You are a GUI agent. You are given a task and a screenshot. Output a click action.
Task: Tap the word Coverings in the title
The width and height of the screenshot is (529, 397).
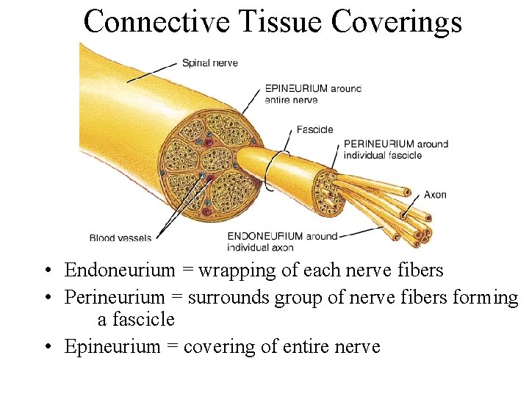[397, 21]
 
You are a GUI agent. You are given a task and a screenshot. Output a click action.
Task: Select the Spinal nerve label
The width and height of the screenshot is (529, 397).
[210, 63]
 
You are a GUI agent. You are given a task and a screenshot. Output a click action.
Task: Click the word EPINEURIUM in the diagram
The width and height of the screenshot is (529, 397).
[296, 89]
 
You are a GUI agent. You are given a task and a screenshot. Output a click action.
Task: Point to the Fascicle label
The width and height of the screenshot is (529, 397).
[314, 130]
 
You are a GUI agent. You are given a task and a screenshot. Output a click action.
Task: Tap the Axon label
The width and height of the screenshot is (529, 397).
[435, 195]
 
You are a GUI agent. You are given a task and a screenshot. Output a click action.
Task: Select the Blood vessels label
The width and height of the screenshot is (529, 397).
[120, 237]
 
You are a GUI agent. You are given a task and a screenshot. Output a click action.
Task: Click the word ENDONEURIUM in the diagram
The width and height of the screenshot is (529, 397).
[264, 236]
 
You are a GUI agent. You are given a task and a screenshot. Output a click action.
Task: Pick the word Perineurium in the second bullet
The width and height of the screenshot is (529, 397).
[115, 297]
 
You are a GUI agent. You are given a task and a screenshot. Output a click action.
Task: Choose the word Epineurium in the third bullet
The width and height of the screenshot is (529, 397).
[114, 346]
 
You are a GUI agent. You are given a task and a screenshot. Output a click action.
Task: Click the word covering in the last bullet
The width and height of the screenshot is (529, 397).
[219, 346]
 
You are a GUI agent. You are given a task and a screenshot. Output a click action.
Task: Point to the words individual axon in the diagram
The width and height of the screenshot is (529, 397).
[261, 247]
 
